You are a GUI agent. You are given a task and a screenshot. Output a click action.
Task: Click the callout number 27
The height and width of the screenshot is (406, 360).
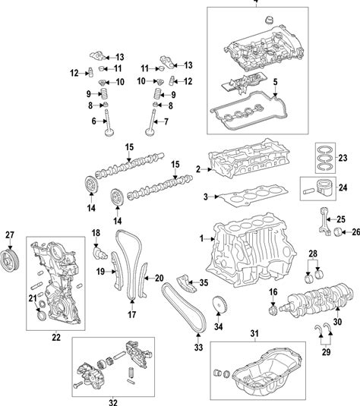10,234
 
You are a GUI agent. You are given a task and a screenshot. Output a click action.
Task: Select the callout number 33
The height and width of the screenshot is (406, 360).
198,347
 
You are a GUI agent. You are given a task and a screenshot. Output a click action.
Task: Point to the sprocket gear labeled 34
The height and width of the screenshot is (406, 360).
219,306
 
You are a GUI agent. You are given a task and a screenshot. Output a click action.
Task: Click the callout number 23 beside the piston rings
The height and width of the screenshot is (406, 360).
343,158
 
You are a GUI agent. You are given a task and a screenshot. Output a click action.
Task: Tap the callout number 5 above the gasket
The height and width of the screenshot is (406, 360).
275,82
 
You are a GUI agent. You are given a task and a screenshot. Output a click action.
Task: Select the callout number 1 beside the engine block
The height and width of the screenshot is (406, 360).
201,238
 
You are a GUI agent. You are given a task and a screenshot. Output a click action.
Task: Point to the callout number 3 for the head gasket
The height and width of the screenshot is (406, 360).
206,197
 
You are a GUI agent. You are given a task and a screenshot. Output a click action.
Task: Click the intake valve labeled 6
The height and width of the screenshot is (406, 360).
109,122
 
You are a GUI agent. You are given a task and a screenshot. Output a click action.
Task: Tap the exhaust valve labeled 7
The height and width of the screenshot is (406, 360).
151,121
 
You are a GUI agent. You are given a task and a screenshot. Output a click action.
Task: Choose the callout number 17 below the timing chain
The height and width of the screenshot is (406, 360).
131,315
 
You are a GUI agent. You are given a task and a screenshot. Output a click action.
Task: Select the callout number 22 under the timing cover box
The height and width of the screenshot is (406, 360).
56,338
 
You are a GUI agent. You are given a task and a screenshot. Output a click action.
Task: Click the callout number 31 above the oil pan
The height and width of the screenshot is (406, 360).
254,333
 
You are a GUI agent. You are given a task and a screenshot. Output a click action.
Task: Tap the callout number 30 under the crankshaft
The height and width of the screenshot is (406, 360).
337,322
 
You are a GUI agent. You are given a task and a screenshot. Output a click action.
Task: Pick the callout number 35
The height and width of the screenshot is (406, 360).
204,283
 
